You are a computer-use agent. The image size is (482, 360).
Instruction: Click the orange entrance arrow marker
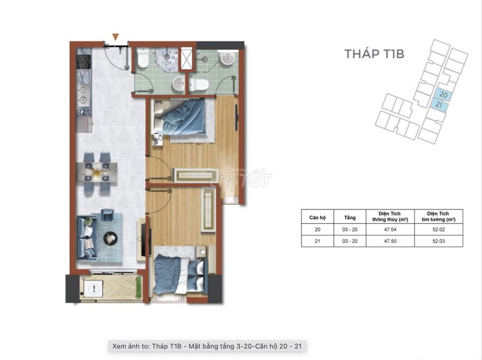(x=115, y=37)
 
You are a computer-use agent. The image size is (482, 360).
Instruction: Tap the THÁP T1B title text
(x=374, y=54)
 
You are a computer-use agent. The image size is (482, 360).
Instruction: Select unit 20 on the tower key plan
(x=443, y=95)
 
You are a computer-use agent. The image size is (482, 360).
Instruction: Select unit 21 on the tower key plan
(x=439, y=105)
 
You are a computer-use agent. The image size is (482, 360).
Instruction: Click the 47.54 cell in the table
(x=390, y=229)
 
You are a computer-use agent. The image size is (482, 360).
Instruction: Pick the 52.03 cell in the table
(x=439, y=241)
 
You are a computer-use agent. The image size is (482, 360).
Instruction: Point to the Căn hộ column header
(x=318, y=217)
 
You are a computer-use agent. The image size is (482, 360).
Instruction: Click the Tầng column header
(x=350, y=217)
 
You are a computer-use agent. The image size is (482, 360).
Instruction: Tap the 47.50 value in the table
(x=390, y=241)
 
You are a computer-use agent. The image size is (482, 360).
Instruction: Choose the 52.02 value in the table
(x=439, y=229)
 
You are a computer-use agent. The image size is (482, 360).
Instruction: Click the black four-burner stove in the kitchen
(x=84, y=62)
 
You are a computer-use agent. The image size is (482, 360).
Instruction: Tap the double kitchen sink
(x=83, y=95)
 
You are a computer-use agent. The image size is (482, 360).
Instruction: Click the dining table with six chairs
(x=96, y=172)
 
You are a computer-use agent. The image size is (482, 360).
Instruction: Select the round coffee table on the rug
(x=110, y=237)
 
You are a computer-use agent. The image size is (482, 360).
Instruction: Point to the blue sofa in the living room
(x=86, y=237)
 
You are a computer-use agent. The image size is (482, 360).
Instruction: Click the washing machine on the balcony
(x=93, y=289)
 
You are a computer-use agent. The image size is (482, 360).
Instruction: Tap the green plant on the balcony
(x=139, y=287)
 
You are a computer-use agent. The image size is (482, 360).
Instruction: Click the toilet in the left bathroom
(x=143, y=57)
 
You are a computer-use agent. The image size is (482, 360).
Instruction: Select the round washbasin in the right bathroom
(x=228, y=58)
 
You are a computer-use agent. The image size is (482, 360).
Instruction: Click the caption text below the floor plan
(x=207, y=346)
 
